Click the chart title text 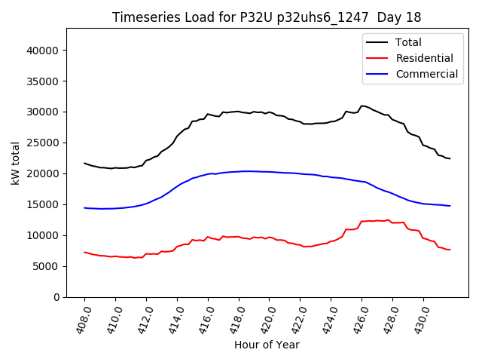(x=267, y=17)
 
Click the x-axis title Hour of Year (x=267, y=345)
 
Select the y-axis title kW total (x=15, y=163)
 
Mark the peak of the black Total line (x=362, y=106)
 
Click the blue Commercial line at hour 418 (x=239, y=171)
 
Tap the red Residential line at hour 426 (x=362, y=222)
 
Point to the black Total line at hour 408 (x=84, y=163)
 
